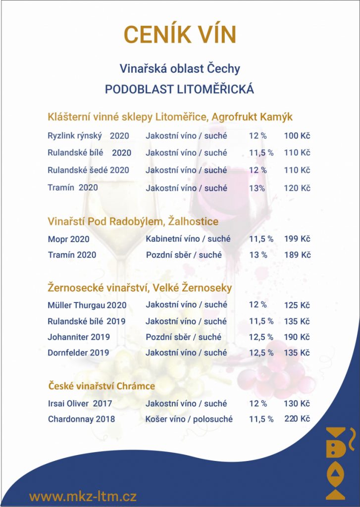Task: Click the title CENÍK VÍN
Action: pos(180,35)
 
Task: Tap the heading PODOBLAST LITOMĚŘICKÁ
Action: pos(179,90)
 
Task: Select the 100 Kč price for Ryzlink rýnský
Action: pos(297,136)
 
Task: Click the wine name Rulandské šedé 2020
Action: pos(88,170)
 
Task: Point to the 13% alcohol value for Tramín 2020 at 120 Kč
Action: pos(257,188)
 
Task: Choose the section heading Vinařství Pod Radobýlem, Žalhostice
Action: pos(133,221)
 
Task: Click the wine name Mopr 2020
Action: pos(69,240)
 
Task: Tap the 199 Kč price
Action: pos(297,239)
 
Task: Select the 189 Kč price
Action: pos(297,255)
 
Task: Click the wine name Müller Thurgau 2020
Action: pos(87,305)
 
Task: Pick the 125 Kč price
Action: pos(297,305)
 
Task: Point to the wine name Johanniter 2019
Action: pos(79,337)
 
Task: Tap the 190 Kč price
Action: pos(297,337)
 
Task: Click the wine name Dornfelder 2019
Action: pos(78,353)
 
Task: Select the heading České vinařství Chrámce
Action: pos(102,386)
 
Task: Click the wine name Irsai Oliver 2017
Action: pos(80,404)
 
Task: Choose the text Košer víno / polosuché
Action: pos(189,419)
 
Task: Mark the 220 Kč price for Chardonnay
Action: pos(297,419)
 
